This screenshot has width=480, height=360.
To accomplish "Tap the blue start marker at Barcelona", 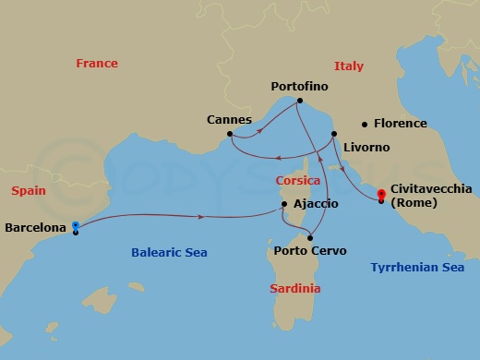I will tap(75, 224).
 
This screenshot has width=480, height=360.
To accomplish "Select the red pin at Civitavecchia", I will tap(381, 195).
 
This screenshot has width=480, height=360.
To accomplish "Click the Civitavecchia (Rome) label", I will tap(431, 196).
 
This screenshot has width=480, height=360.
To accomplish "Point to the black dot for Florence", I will tap(365, 124).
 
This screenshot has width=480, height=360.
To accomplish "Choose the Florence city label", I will tap(400, 124).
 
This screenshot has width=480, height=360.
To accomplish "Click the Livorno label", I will tap(366, 148).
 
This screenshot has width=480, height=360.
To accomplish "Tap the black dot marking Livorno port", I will tap(334, 134).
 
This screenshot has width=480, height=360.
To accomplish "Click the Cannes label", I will tap(230, 119).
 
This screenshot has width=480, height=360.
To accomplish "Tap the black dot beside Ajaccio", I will tap(284, 204).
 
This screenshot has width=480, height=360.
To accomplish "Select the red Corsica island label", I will tap(297, 182).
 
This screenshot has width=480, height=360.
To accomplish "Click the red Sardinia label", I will tap(295, 289).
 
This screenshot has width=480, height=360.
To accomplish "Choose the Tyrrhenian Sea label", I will tap(416, 268).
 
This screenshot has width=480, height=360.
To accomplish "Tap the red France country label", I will tap(97, 64).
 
